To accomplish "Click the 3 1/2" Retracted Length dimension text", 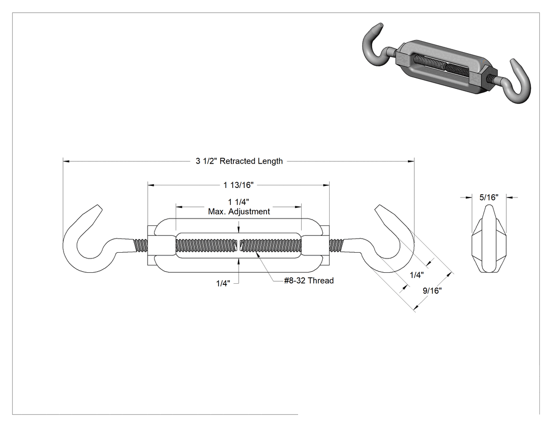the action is [x=239, y=161].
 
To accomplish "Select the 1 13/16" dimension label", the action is [x=238, y=185].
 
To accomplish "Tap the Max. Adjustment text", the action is [x=239, y=212].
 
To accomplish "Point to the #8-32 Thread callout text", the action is [x=309, y=281].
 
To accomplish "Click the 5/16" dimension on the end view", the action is [x=488, y=197].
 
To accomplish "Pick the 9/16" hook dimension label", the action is [x=432, y=291].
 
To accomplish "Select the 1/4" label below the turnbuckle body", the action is [x=223, y=283].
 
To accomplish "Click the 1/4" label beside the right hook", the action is [x=417, y=275].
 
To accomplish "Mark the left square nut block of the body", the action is [x=161, y=245].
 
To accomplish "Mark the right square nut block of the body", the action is [x=315, y=245].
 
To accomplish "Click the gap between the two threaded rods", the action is [x=239, y=245].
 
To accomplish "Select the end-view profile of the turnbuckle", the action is [x=489, y=239].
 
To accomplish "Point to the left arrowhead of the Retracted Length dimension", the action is [x=66, y=161].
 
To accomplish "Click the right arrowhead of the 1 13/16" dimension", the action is [x=326, y=185].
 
